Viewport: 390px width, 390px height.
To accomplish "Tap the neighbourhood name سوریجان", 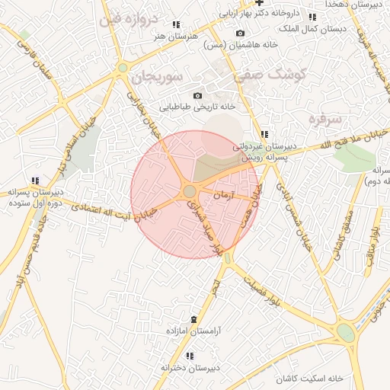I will click(x=152, y=77).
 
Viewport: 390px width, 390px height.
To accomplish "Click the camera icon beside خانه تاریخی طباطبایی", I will click(x=197, y=95).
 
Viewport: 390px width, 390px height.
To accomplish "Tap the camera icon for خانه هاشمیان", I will click(x=241, y=34).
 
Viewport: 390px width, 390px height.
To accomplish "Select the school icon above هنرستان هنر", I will click(x=177, y=25).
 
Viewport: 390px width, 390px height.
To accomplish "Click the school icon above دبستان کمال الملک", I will click(x=312, y=17).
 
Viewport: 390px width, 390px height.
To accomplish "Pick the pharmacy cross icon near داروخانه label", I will click(x=259, y=2).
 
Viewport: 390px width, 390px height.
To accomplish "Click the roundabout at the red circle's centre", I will click(x=188, y=191).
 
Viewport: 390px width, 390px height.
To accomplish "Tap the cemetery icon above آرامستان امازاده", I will click(x=193, y=319).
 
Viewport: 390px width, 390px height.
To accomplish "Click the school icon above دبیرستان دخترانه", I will click(x=190, y=356).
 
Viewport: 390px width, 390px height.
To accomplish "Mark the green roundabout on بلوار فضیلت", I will click(x=346, y=333).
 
